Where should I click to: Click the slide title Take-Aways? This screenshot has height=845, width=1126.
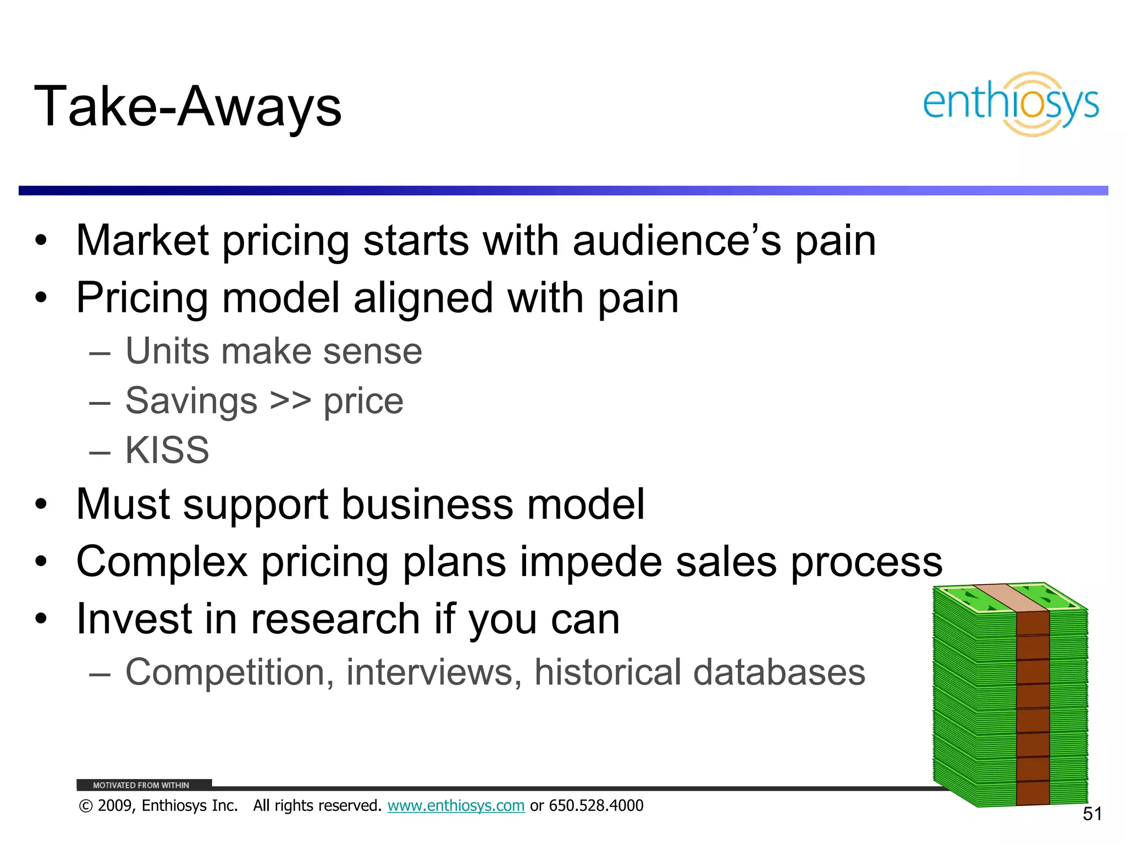pos(188,107)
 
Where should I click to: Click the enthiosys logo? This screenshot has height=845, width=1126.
pos(1011,104)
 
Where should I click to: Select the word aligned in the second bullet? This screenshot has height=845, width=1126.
pos(423,298)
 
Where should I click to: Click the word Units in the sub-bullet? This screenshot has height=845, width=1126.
pos(168,351)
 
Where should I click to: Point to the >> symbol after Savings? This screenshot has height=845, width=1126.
pos(290,400)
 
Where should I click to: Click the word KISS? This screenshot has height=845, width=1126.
pos(167,450)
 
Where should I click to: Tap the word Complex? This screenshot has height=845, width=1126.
pos(162,562)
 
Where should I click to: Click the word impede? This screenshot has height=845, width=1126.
pos(590,562)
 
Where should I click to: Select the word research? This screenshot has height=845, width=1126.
pos(335,619)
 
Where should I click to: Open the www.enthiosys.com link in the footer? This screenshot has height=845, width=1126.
pos(456,806)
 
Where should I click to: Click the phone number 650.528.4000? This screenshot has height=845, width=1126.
pos(596,806)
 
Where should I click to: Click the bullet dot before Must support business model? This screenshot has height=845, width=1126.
pos(41,504)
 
